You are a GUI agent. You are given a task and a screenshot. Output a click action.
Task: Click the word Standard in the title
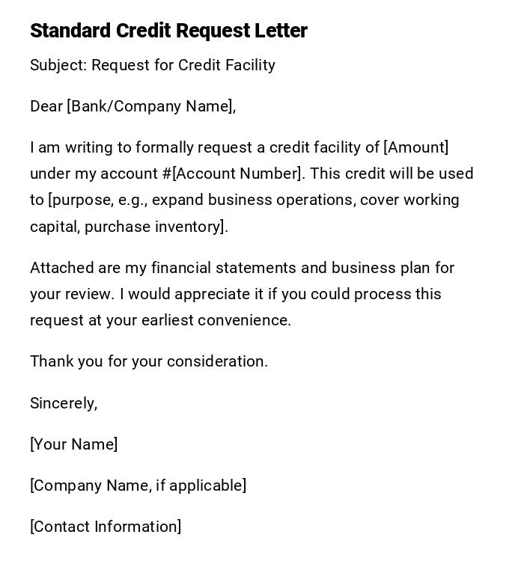[70, 31]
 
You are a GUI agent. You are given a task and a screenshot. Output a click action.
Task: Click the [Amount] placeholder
[416, 148]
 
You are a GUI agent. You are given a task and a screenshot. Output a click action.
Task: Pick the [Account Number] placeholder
[238, 174]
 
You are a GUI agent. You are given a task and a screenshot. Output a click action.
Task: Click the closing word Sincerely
[63, 403]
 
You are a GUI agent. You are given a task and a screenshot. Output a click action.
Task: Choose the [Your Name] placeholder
[73, 444]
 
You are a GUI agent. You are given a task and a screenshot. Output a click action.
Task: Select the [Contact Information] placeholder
[106, 527]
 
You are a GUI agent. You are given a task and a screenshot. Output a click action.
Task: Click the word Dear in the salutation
[46, 107]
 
